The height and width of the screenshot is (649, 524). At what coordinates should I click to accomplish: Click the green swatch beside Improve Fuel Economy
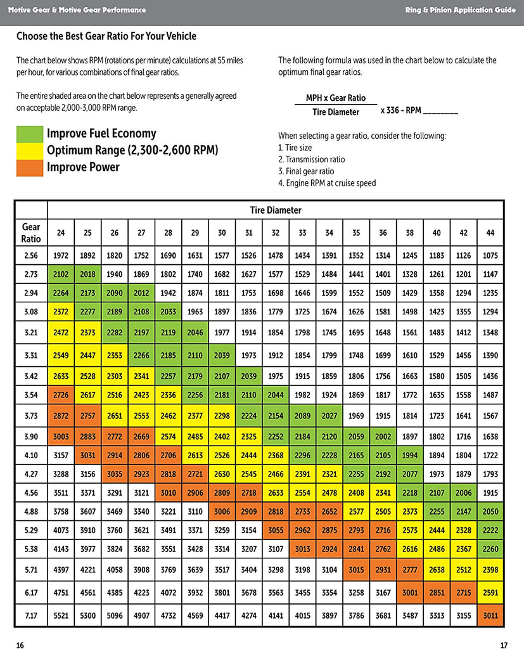click(x=29, y=134)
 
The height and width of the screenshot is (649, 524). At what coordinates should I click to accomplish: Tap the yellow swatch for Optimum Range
click(x=29, y=151)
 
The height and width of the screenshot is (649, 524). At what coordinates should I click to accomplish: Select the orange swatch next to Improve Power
click(x=29, y=168)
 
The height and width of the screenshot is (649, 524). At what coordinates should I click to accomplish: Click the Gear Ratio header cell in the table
click(x=31, y=233)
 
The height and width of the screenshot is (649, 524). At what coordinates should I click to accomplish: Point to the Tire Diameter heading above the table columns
click(x=276, y=210)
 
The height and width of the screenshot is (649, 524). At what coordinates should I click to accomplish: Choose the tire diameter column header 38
click(x=410, y=233)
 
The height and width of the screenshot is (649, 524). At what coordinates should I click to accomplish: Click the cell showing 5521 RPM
click(x=61, y=615)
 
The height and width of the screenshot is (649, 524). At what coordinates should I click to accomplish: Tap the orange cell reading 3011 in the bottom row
click(x=490, y=615)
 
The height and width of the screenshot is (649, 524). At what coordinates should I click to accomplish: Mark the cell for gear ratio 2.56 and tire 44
click(x=490, y=255)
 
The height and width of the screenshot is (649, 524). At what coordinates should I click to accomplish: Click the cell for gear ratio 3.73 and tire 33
click(x=302, y=415)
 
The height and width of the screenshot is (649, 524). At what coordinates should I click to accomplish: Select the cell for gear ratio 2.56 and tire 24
click(x=61, y=255)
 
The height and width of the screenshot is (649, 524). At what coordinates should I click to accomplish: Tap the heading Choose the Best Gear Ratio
click(x=106, y=36)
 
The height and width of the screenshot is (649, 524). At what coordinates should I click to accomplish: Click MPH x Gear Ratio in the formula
click(x=336, y=98)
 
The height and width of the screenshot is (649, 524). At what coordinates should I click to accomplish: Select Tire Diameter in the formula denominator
click(x=336, y=112)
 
